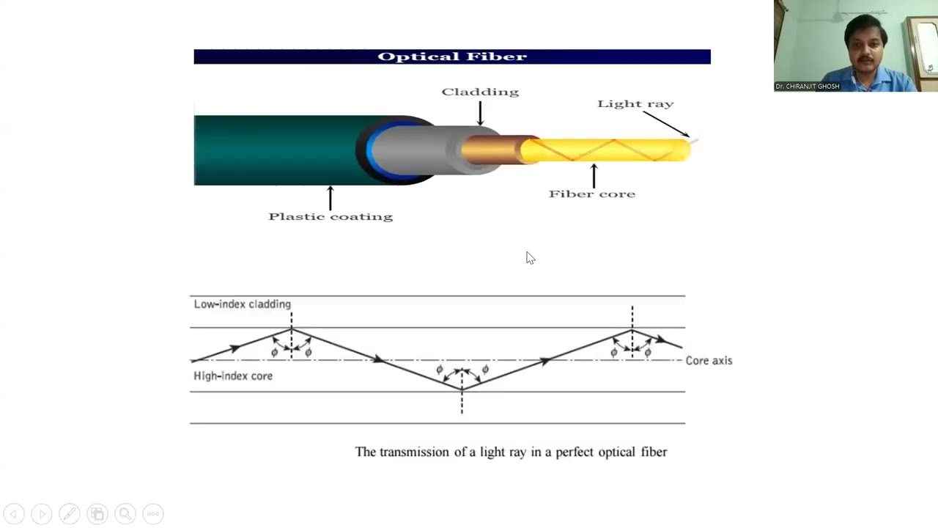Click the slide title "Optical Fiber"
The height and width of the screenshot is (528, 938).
coord(452,56)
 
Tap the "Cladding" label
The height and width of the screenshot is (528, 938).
coord(480,92)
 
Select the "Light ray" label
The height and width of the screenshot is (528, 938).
coord(635,103)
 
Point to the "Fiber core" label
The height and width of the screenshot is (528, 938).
coord(592,194)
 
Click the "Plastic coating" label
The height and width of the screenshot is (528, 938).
coord(330,216)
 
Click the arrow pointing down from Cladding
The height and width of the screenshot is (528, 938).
coord(480,113)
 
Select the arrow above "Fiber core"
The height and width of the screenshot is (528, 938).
coord(594,175)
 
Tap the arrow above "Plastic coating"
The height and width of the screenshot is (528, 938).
coord(330,197)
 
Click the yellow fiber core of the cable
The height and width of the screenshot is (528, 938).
coord(608,150)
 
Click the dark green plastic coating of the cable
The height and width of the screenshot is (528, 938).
coord(271,150)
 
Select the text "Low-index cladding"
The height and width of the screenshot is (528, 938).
coord(242,304)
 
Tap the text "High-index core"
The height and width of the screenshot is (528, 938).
coord(233,375)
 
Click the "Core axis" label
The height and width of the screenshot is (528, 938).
coord(709,360)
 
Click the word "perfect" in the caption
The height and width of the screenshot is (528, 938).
coord(575,452)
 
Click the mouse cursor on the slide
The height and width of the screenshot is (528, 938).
coord(529,257)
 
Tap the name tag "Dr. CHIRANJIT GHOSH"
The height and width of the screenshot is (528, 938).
coord(807,87)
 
